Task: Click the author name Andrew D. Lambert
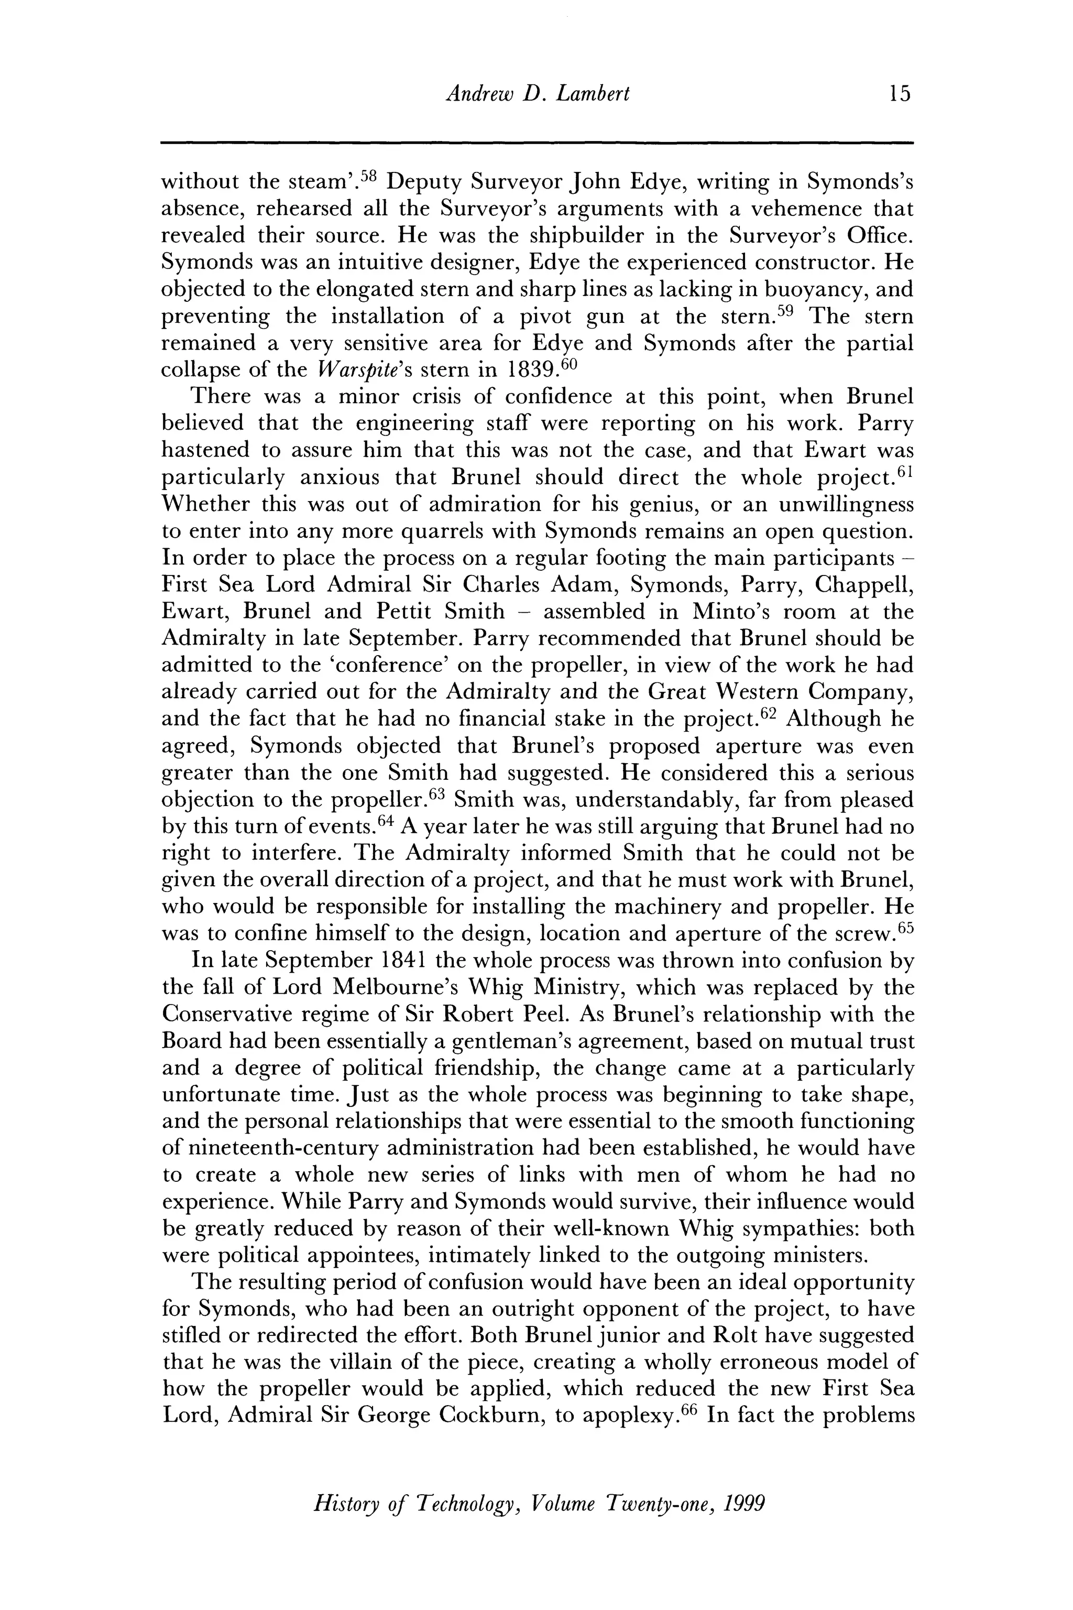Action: (x=537, y=93)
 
